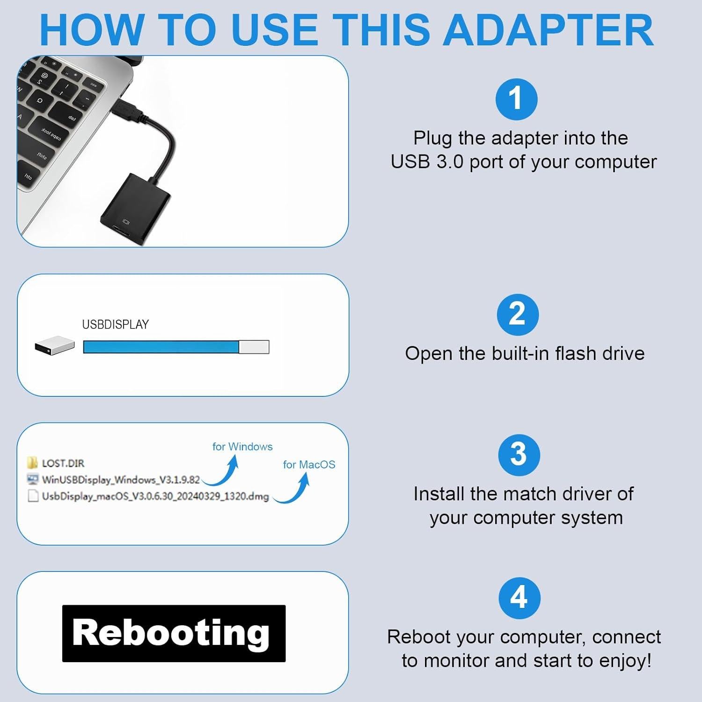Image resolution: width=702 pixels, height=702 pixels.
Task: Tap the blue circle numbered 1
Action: pos(516,99)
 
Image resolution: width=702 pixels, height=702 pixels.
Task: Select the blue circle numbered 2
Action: pos(517,314)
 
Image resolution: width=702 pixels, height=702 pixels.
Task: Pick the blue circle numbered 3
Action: pos(519,455)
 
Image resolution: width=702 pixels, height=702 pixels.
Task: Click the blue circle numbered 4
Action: pos(519,598)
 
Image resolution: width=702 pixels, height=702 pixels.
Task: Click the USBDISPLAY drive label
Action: pos(115,324)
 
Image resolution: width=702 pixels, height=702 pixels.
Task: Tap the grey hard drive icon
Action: pos(54,346)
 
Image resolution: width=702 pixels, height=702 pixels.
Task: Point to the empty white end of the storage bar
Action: pos(254,347)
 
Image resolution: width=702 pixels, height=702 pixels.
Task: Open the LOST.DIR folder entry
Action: pos(63,463)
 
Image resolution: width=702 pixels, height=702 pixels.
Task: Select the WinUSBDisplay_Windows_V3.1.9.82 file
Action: pos(121,480)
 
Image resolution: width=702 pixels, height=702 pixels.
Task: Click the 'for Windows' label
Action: pos(242,446)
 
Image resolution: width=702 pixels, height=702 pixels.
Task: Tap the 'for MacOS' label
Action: pos(309,464)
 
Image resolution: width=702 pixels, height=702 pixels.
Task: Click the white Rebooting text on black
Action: pos(171,633)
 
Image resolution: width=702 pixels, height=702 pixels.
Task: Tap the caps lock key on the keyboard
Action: pos(51,133)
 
